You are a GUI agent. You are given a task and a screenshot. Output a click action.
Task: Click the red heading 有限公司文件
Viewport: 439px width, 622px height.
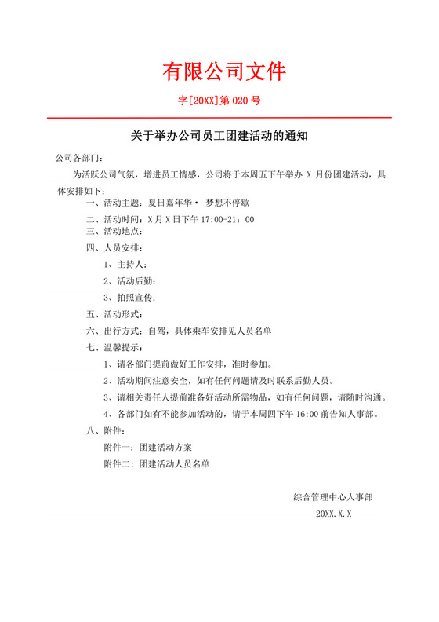tap(224, 71)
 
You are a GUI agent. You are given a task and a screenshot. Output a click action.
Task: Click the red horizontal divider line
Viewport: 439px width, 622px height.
tap(219, 118)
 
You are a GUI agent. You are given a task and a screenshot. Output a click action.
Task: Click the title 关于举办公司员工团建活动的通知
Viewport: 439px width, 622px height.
tap(219, 136)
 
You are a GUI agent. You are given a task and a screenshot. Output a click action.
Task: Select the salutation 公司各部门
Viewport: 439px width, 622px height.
tap(78, 157)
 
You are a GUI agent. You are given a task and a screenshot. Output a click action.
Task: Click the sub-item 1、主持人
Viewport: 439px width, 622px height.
tap(125, 265)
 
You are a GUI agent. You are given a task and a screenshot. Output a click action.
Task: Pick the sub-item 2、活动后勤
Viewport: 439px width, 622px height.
tap(130, 281)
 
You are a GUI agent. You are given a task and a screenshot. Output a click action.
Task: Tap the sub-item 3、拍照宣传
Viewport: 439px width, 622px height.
tap(130, 298)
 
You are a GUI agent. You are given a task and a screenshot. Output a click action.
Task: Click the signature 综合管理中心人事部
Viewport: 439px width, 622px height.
tap(333, 497)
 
